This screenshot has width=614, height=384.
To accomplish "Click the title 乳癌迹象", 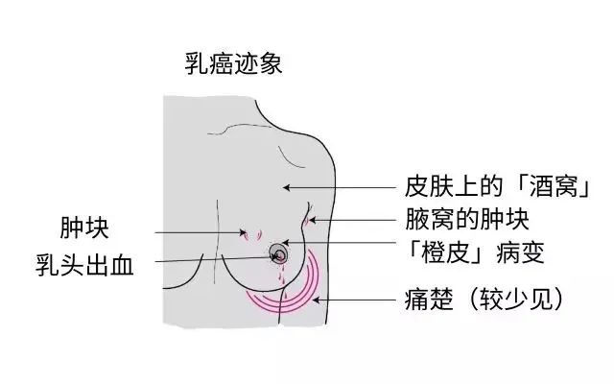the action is click(x=233, y=64).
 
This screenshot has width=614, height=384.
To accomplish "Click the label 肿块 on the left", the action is click(x=84, y=228).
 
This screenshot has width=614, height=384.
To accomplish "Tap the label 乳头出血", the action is click(x=84, y=265).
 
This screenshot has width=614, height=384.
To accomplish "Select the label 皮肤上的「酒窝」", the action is click(x=497, y=186).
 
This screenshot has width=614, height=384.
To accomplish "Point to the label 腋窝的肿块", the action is click(x=467, y=220).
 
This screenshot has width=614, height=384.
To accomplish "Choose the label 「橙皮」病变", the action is click(x=476, y=252).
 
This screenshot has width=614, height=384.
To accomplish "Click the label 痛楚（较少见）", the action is click(x=484, y=300).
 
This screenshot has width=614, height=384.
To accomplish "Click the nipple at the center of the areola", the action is click(x=280, y=256).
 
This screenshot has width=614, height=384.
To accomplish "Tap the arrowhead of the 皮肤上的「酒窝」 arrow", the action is click(x=286, y=188).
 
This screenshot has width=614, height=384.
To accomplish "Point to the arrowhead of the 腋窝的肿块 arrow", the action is click(x=312, y=220).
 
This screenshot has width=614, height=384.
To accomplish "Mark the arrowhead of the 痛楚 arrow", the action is click(x=316, y=300).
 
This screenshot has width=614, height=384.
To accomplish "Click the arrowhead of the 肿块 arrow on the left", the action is click(x=243, y=232).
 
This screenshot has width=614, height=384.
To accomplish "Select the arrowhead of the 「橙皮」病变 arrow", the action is click(x=286, y=243).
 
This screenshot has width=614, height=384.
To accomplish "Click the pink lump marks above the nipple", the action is click(x=252, y=235).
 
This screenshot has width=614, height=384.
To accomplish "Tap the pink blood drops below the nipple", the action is click(x=282, y=277).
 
